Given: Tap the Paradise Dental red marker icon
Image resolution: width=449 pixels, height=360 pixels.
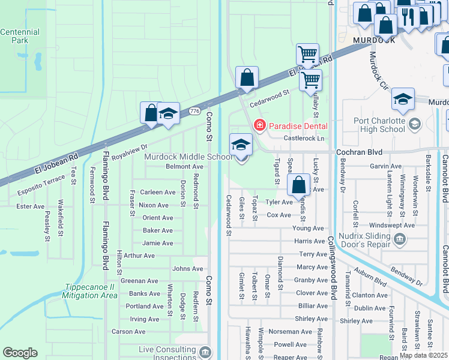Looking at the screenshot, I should (x=259, y=125).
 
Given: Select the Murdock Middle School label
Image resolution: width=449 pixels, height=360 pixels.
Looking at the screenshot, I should (x=187, y=157).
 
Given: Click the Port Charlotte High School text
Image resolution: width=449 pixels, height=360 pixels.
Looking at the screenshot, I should (x=379, y=125).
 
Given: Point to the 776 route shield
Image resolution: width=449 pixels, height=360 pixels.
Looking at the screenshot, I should (x=194, y=112).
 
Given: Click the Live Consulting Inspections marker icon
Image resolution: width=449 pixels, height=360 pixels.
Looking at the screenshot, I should (x=205, y=351).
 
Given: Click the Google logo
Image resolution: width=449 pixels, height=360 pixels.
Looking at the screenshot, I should (x=20, y=353).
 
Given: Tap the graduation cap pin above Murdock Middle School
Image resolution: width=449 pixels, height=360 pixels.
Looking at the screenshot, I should (x=241, y=145).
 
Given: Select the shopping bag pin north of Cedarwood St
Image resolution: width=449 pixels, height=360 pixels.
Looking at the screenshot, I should (x=247, y=78).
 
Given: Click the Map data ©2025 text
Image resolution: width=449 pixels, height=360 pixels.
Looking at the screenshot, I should (x=423, y=355).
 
